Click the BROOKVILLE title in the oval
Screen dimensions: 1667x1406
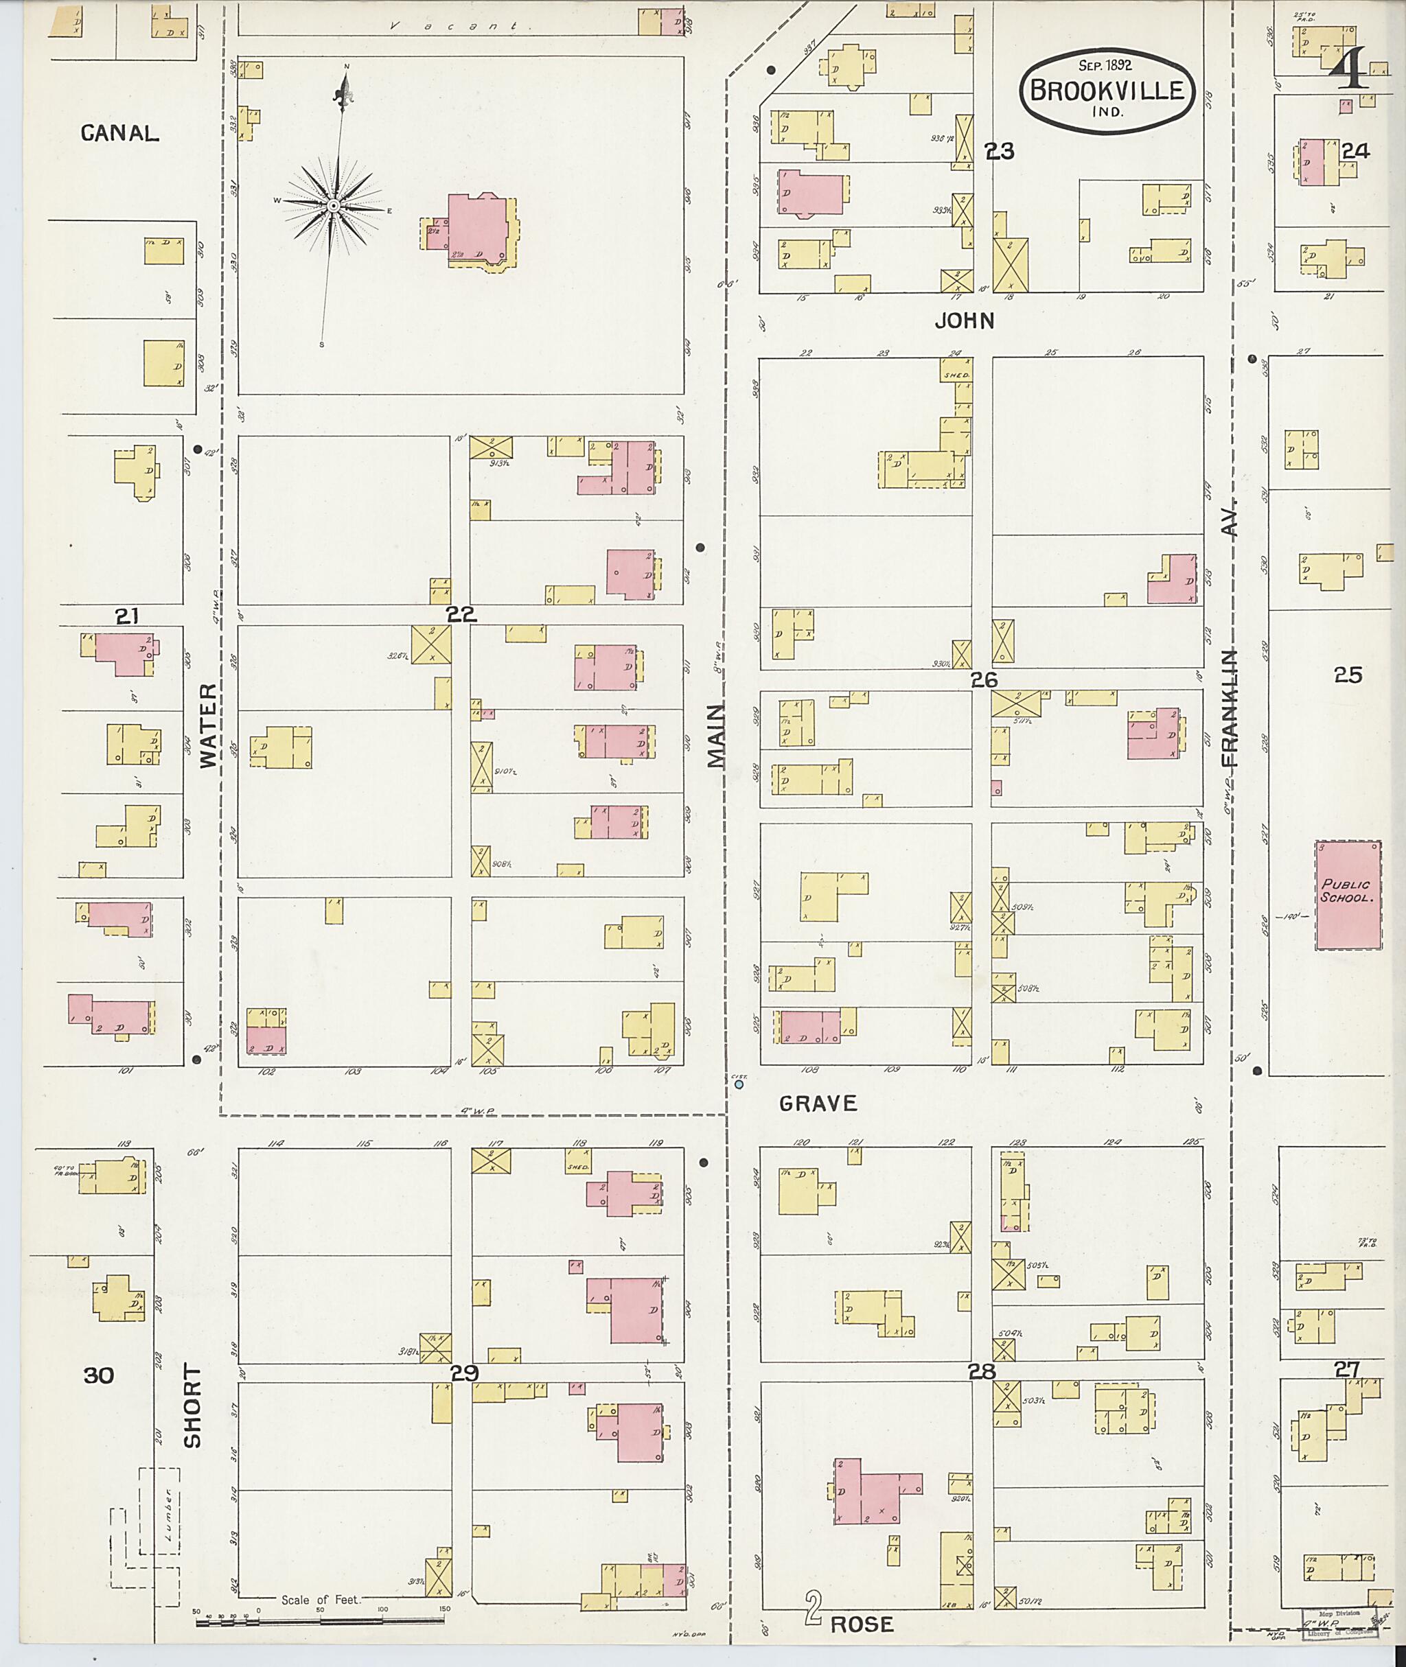tap(1107, 89)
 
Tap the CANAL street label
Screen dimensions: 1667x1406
tap(119, 134)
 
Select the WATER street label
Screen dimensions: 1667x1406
tap(208, 725)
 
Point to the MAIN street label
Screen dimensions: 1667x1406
tap(717, 736)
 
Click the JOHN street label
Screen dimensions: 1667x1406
tap(965, 321)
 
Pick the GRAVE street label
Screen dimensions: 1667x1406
tap(818, 1104)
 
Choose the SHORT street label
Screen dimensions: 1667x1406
tap(192, 1406)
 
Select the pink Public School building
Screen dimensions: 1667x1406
tap(1348, 895)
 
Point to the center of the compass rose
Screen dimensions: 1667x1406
tap(334, 207)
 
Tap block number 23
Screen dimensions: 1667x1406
tap(1000, 150)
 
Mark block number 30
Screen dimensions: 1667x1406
tap(99, 1375)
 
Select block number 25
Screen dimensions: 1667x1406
tap(1348, 675)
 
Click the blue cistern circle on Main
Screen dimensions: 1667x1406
tap(739, 1084)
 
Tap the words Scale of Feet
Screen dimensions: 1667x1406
tap(321, 1599)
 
